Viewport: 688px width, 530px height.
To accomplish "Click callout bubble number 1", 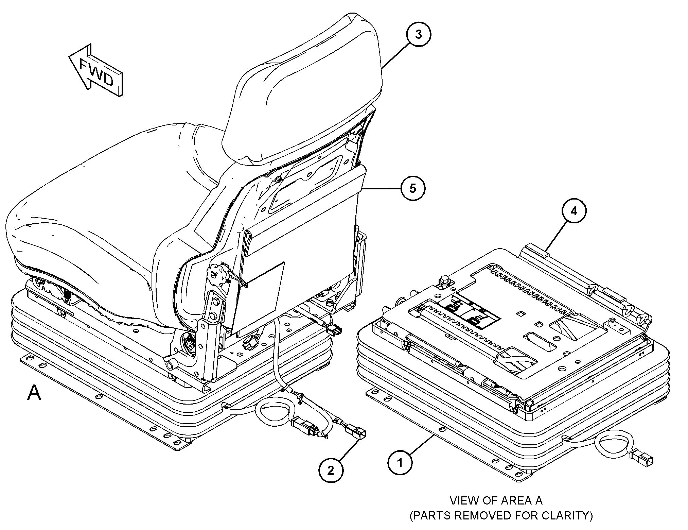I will [400, 462].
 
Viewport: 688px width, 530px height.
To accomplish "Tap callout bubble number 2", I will [331, 470].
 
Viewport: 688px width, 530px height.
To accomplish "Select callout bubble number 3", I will [419, 34].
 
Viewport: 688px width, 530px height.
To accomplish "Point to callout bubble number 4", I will [574, 211].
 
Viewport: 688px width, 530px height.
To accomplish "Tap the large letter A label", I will [34, 393].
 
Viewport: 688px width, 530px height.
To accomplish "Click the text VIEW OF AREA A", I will [496, 500].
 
